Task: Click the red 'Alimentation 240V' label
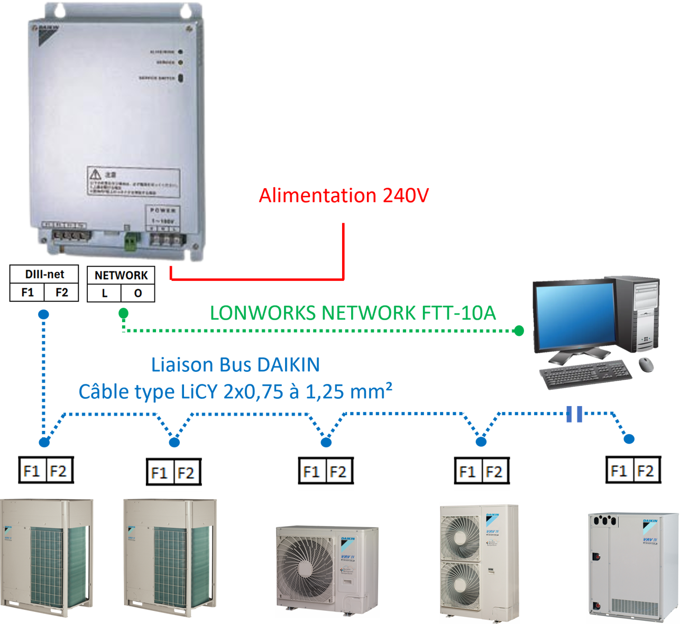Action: coord(343,196)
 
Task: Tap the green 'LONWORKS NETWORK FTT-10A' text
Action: coord(353,313)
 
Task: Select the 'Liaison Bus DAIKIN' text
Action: coord(235,365)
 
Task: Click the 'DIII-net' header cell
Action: coord(44,274)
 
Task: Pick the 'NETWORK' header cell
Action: coord(121,276)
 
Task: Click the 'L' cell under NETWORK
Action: coord(104,293)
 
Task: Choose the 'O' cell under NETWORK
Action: coord(138,293)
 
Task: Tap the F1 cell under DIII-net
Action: coord(27,292)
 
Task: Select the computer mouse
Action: coord(646,363)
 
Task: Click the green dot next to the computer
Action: coord(519,331)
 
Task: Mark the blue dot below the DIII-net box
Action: coord(44,315)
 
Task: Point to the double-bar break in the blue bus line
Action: coord(574,414)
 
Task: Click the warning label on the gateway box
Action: coord(133,182)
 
